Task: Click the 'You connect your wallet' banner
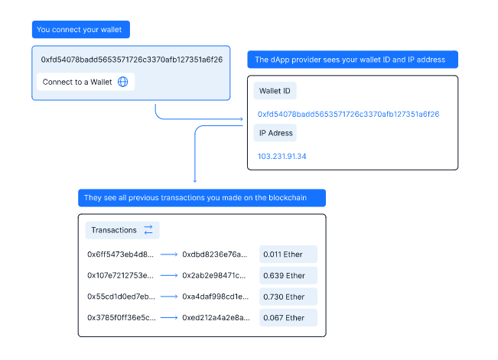81,30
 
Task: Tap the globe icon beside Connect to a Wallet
123,82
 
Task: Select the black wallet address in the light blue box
132,60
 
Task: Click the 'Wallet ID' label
275,91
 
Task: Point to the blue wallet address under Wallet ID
348,115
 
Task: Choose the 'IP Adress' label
275,133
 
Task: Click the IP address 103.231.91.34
282,157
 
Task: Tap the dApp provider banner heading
353,60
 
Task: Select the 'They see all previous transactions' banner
202,198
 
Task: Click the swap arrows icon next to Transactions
148,230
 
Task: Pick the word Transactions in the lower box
114,230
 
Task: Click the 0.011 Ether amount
283,255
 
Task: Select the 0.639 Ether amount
284,276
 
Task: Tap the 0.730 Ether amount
284,297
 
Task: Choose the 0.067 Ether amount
284,318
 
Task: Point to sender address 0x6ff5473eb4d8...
120,255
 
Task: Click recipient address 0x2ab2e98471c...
214,276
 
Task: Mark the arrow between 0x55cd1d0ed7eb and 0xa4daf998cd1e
169,297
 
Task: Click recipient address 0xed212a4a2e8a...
216,318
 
